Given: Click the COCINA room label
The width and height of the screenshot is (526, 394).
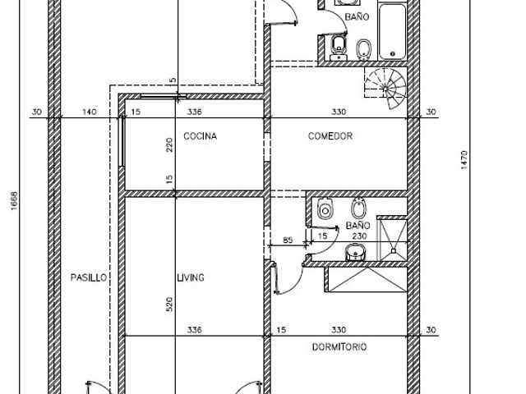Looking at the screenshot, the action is (x=201, y=136).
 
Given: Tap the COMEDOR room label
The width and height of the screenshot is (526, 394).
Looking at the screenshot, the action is (x=330, y=136).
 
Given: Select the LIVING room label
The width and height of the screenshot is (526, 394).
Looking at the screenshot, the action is (x=191, y=277).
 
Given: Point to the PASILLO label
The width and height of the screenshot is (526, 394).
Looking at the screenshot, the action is (x=89, y=277).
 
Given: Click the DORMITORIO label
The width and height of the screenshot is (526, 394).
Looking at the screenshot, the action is (x=339, y=347).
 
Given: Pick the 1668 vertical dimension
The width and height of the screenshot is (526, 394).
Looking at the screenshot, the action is (x=14, y=201).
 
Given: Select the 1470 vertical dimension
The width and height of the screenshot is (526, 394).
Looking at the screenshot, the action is (x=464, y=160).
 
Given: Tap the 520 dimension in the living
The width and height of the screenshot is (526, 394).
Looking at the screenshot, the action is (x=170, y=305).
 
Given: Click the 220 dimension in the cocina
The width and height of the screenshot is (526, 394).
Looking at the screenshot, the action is (x=170, y=144).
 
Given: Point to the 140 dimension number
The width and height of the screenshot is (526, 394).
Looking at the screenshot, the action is (x=90, y=112).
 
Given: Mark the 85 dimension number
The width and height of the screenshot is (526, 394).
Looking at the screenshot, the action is (x=288, y=240).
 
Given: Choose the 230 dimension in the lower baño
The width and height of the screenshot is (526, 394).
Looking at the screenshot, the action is (x=359, y=236).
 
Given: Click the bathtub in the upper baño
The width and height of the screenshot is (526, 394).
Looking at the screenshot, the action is (x=393, y=31).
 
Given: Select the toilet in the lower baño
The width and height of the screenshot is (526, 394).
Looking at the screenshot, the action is (x=325, y=208).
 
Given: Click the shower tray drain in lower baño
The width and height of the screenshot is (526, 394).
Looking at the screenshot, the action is (x=394, y=250).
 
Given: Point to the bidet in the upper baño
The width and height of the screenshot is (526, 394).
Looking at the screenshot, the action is (x=363, y=50).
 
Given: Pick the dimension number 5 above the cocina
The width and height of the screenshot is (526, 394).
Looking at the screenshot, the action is (x=173, y=80).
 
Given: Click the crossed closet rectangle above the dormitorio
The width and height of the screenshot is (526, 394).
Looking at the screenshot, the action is (x=367, y=279).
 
